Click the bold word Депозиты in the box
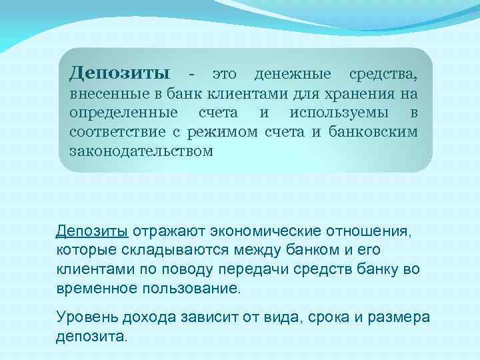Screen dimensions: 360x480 [x=119, y=72]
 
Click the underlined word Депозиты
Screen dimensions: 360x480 [x=92, y=231]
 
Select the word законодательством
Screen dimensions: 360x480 [x=141, y=151]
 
